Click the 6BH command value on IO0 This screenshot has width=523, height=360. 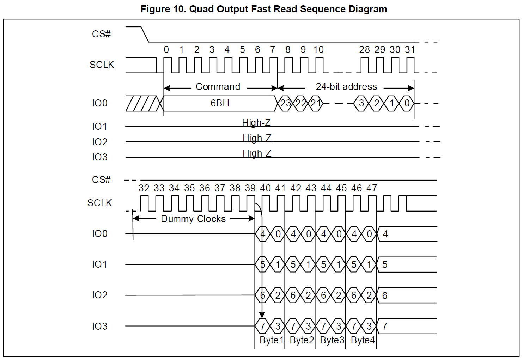[x=220, y=103]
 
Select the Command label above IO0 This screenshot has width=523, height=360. [x=218, y=87]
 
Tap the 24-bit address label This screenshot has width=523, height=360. [x=346, y=87]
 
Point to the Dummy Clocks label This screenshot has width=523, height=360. [x=193, y=219]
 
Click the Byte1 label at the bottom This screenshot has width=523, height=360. [x=272, y=340]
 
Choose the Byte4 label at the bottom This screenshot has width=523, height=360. [x=363, y=340]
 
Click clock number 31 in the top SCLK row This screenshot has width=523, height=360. [x=410, y=50]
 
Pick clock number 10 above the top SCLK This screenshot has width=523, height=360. [x=318, y=50]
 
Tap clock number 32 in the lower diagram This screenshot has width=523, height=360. [x=144, y=188]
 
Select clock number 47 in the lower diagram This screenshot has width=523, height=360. [x=372, y=188]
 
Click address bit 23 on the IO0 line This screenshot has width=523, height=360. [x=285, y=103]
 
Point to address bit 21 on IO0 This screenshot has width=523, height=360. [x=316, y=103]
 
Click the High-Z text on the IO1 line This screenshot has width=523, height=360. [x=256, y=123]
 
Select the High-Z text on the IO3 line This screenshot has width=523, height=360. [x=257, y=153]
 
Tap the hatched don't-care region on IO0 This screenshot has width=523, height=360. [x=142, y=103]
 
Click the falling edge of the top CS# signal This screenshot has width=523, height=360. [x=145, y=34]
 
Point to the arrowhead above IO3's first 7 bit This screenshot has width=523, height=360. [x=262, y=315]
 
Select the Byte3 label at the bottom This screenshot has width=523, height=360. [x=332, y=340]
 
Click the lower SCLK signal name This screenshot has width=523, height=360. [x=99, y=203]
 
